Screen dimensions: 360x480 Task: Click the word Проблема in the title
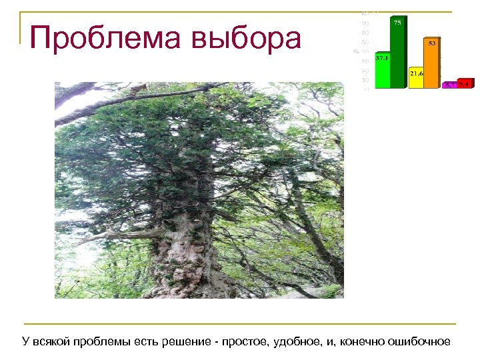point(107,39)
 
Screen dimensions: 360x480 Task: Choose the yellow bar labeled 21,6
point(417,79)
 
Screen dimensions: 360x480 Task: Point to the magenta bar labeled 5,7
point(450,85)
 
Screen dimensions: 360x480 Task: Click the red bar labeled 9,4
point(465,84)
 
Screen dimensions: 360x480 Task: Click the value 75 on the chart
point(397,23)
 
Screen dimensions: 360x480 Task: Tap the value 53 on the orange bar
point(432,43)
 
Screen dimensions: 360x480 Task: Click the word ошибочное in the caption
point(421,342)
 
